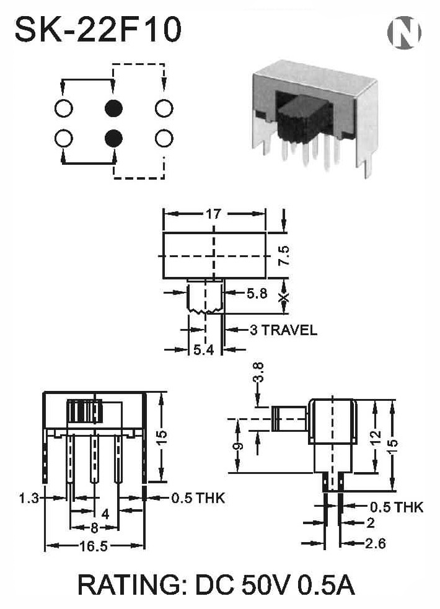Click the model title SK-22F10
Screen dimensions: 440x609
[x=98, y=30]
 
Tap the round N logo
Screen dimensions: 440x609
[x=404, y=32]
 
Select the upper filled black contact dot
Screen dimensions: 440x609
[x=114, y=108]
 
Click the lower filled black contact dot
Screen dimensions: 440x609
[x=114, y=138]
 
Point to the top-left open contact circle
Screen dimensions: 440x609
[x=64, y=108]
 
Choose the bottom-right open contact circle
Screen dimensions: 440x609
[x=164, y=138]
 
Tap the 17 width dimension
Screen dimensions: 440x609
[x=214, y=214]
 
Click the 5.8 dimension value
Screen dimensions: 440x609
[x=257, y=294]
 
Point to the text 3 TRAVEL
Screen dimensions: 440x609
[x=283, y=330]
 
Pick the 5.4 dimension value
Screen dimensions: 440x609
[x=203, y=350]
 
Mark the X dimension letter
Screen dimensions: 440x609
[x=284, y=298]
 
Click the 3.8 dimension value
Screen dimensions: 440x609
[x=259, y=372]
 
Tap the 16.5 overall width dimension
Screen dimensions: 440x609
[x=94, y=546]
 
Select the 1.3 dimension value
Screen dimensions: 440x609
[x=30, y=498]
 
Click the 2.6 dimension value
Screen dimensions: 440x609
[x=376, y=543]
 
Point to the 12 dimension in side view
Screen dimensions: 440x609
[x=376, y=439]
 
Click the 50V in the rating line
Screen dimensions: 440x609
[x=265, y=585]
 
